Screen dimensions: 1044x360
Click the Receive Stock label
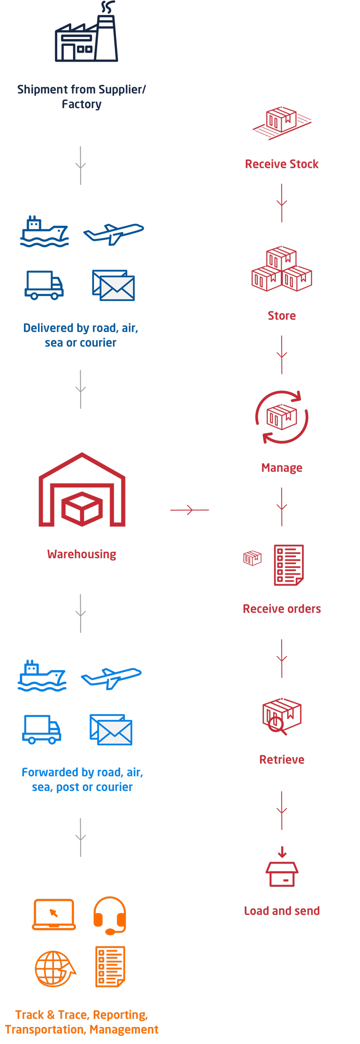(282, 164)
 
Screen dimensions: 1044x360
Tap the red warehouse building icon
(82, 490)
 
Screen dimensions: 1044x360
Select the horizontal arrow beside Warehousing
(189, 510)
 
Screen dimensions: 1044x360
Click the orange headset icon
(110, 915)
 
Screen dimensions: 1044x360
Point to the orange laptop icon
(54, 914)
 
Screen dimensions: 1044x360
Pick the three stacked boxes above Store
(282, 269)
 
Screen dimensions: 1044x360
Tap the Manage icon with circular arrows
(282, 417)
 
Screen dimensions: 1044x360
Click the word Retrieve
(282, 760)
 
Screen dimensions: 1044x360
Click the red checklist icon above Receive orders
(288, 565)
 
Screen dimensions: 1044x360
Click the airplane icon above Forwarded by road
(111, 677)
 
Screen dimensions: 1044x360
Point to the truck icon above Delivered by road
(44, 285)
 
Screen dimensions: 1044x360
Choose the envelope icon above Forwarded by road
(111, 730)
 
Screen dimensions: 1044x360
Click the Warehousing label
(82, 554)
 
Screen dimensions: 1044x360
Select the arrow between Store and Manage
(282, 355)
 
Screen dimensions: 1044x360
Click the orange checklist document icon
(110, 967)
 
